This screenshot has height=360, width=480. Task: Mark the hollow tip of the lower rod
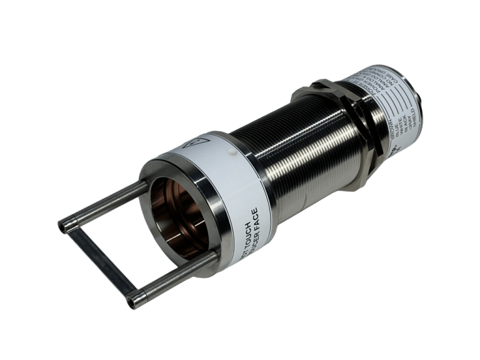click(130, 302)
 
